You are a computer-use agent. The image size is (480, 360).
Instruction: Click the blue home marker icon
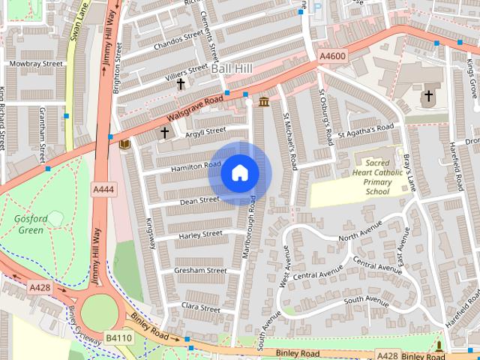[239, 173]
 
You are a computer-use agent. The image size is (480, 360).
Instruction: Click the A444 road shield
[103, 189]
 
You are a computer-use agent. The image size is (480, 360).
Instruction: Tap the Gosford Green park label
[31, 223]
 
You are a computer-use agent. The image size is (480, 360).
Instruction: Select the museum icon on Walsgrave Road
[264, 101]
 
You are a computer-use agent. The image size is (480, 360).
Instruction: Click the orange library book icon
[124, 143]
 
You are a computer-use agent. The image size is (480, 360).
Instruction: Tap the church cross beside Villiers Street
[181, 85]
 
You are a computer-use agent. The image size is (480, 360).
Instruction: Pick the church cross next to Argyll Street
[164, 133]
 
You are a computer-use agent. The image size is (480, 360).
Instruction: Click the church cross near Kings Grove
[428, 96]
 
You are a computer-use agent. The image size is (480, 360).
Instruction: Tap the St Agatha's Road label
[365, 131]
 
